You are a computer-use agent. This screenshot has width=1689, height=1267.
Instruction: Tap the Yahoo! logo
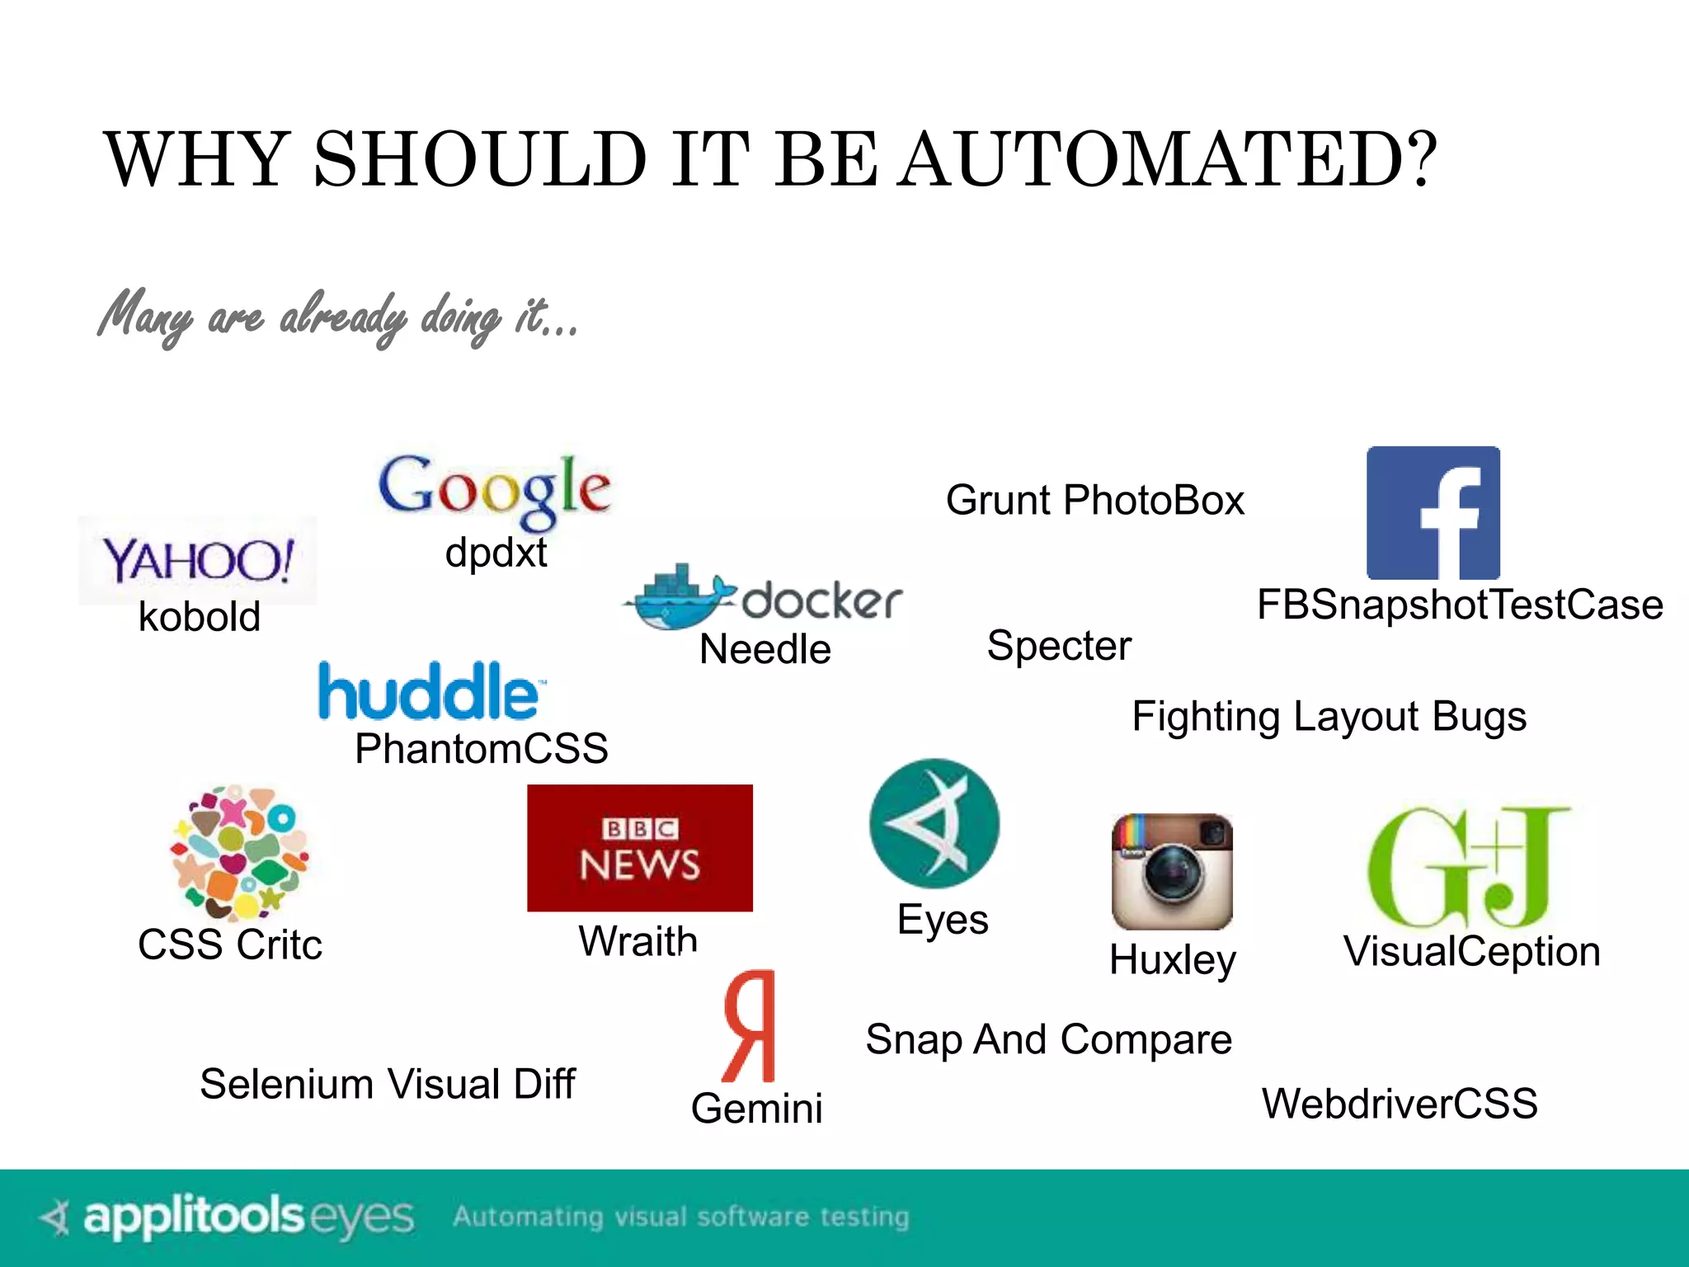[198, 560]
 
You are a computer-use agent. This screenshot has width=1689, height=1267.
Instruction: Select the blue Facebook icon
[1433, 513]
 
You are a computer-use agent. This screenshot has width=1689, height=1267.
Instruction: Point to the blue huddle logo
[431, 690]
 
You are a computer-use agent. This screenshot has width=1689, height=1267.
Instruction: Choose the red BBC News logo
[640, 848]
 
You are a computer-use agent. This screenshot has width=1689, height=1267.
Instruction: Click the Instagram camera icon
[1172, 872]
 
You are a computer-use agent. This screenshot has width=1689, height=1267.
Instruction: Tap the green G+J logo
[1469, 867]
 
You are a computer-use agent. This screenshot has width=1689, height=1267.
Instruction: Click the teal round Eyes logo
[934, 823]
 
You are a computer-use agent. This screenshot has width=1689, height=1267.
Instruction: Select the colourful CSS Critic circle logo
[239, 851]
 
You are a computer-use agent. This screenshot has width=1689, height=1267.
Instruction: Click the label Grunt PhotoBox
[1094, 500]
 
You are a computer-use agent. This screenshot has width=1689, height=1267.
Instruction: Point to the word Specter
[1059, 645]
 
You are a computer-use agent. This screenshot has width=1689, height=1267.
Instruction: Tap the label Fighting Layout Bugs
[1329, 716]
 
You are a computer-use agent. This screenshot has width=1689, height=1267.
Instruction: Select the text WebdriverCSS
[1400, 1104]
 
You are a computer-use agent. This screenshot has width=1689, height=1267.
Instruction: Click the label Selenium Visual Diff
[387, 1084]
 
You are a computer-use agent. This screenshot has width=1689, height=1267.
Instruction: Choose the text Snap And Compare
[1048, 1039]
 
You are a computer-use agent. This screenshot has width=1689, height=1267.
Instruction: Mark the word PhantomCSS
[482, 749]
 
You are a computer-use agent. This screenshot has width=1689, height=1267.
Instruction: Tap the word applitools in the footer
[194, 1217]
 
